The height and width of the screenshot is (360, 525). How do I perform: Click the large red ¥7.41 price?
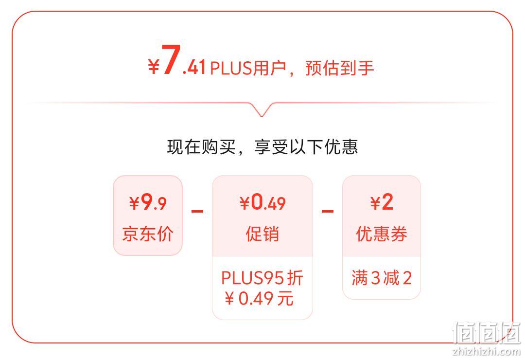pyautogui.click(x=177, y=60)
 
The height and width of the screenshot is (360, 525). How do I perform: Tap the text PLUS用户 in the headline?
pyautogui.click(x=248, y=68)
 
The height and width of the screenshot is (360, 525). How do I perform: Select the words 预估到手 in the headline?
pyautogui.click(x=339, y=68)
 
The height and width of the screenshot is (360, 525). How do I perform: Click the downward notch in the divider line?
pyautogui.click(x=262, y=109)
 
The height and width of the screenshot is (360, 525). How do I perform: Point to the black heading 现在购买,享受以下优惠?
pyautogui.click(x=262, y=147)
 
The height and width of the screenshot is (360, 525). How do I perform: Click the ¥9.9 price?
pyautogui.click(x=148, y=202)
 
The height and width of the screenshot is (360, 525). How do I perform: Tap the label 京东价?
pyautogui.click(x=148, y=234)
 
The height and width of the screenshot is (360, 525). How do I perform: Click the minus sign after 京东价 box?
pyautogui.click(x=197, y=211)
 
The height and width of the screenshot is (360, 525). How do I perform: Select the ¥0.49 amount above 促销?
pyautogui.click(x=262, y=202)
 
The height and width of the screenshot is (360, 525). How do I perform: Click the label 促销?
pyautogui.click(x=262, y=234)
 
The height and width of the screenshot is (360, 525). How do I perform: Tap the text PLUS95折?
pyautogui.click(x=262, y=278)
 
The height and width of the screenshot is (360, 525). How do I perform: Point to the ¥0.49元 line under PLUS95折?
pyautogui.click(x=259, y=298)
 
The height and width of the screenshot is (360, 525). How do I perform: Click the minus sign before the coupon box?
pyautogui.click(x=328, y=211)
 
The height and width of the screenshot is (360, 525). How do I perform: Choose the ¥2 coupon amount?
pyautogui.click(x=382, y=202)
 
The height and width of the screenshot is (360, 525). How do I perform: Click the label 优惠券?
pyautogui.click(x=382, y=234)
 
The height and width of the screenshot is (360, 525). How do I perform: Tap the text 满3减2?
pyautogui.click(x=382, y=278)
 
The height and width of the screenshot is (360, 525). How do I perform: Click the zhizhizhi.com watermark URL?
pyautogui.click(x=486, y=351)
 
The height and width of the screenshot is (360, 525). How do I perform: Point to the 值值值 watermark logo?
pyautogui.click(x=486, y=333)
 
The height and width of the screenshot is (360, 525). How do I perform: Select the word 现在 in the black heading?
pyautogui.click(x=184, y=147)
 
